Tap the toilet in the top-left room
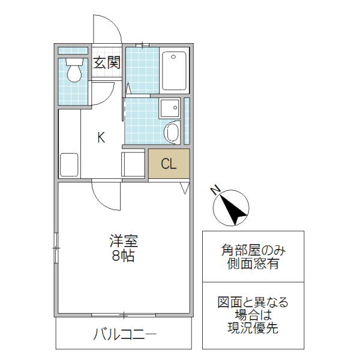[x=74, y=71]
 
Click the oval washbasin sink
[x=172, y=132]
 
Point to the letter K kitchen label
[x=101, y=137]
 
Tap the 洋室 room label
[x=124, y=242]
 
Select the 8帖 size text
[x=123, y=256]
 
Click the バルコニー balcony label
[x=124, y=335]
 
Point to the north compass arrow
[x=232, y=208]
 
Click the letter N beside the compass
[x=215, y=191]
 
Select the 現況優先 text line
[x=253, y=328]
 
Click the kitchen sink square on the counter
[x=69, y=164]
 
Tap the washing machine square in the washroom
[x=169, y=108]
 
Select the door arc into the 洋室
[x=106, y=196]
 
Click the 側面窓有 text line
[x=253, y=264]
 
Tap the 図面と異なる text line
[x=253, y=302]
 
